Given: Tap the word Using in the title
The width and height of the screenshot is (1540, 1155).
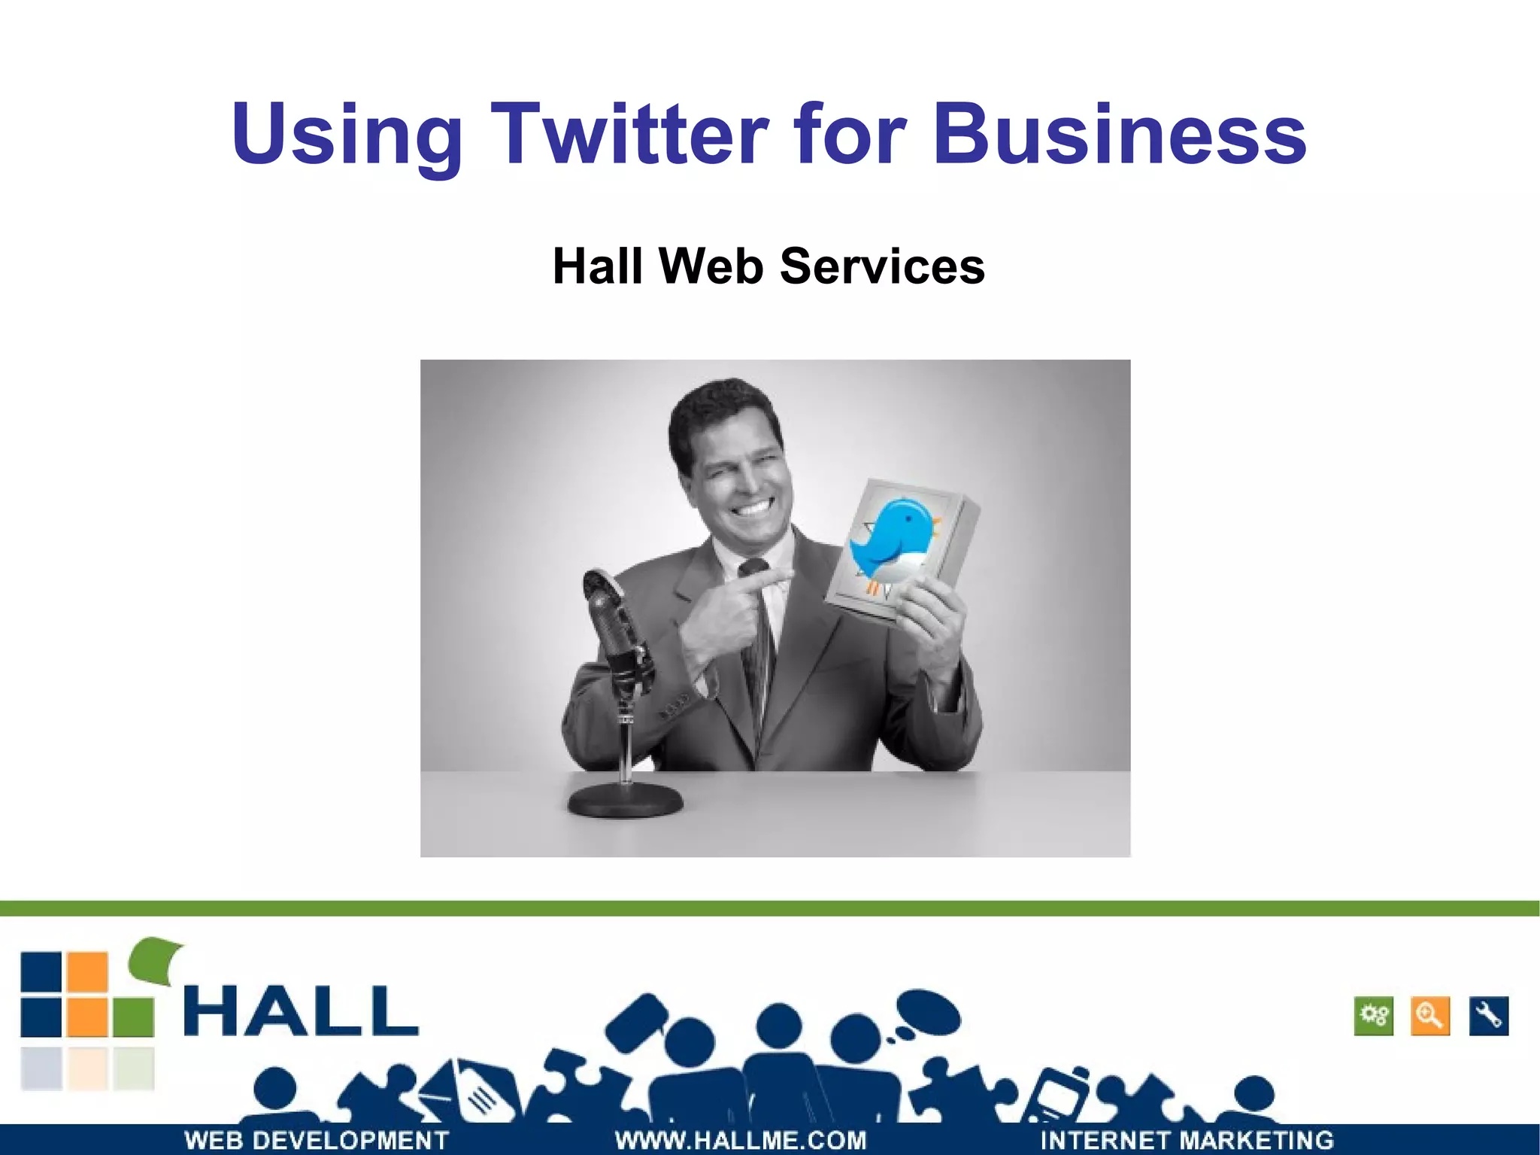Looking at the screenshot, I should tap(347, 135).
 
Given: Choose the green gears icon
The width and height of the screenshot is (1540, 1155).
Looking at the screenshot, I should tap(1374, 1017).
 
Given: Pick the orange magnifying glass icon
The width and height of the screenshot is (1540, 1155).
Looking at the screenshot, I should tap(1430, 1017).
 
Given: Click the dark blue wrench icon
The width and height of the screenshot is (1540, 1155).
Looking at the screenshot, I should tap(1488, 1017).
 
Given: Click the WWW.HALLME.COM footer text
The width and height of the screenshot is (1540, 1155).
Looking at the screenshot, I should tap(741, 1139).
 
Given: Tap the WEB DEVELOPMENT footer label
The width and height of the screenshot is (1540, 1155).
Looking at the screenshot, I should tap(317, 1139).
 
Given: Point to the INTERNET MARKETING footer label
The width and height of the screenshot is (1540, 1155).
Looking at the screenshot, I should tap(1187, 1139).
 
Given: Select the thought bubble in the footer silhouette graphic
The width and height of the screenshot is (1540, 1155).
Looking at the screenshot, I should tap(929, 1013).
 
